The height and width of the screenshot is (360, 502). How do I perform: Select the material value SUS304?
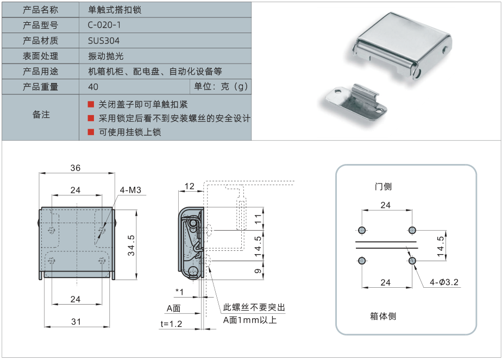pos(104,41)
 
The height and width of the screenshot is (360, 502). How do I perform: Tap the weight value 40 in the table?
pos(93,87)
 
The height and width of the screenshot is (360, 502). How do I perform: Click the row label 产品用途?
pos(41,72)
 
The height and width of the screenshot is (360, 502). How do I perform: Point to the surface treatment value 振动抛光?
pos(103,56)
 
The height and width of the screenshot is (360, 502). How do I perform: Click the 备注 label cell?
pos(41,115)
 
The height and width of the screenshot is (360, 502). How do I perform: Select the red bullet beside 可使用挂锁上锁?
pos(91,132)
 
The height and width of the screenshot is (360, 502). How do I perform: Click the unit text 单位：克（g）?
pos(221,87)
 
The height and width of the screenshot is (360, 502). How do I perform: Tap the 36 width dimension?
pos(75,168)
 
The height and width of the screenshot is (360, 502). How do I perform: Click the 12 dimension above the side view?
pos(190,186)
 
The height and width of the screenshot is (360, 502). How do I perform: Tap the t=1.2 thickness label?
pos(171,324)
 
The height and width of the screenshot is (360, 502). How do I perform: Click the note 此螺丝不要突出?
pos(254,308)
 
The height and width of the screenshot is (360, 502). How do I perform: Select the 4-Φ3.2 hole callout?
pos(444,282)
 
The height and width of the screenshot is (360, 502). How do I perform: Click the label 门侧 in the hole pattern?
pos(383,186)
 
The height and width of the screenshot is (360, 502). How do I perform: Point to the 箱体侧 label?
pos(382,316)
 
